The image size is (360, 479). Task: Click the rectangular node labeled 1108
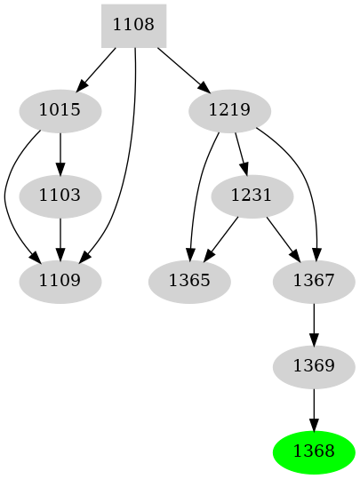(x=133, y=26)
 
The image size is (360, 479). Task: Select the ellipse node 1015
(x=60, y=111)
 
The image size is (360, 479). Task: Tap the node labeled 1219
(x=230, y=111)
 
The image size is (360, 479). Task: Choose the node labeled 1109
(x=60, y=281)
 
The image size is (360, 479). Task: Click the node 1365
(x=189, y=281)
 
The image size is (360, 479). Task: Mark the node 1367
(x=313, y=281)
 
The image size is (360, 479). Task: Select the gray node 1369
(x=313, y=365)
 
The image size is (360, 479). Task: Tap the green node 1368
(x=313, y=451)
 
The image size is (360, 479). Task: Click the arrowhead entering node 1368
(x=313, y=424)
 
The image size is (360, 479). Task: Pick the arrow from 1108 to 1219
(x=182, y=68)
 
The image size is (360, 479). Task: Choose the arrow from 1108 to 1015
(x=97, y=68)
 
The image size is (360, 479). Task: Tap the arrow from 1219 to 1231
(x=241, y=153)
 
